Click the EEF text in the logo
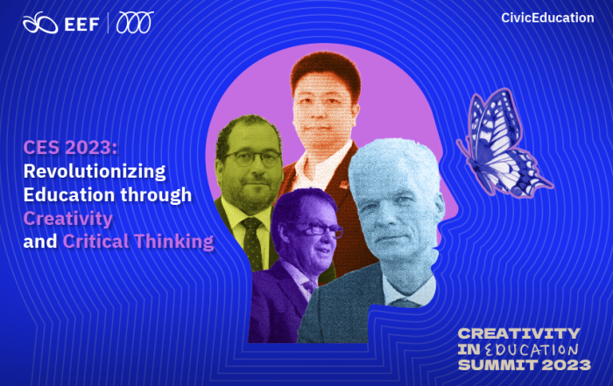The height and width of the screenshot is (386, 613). [81, 25]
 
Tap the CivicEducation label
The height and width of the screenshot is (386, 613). [547, 18]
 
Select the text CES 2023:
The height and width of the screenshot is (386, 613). [70, 148]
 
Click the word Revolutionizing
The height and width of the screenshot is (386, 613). [95, 172]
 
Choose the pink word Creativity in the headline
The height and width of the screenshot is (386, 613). [68, 219]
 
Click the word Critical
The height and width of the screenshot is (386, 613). [95, 242]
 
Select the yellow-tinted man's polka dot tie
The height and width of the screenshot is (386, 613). [252, 243]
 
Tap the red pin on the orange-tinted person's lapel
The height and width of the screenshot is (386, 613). [344, 184]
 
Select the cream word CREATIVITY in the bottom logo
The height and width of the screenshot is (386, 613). [518, 333]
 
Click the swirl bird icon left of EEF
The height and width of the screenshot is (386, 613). [40, 23]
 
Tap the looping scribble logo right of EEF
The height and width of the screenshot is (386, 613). [135, 22]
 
